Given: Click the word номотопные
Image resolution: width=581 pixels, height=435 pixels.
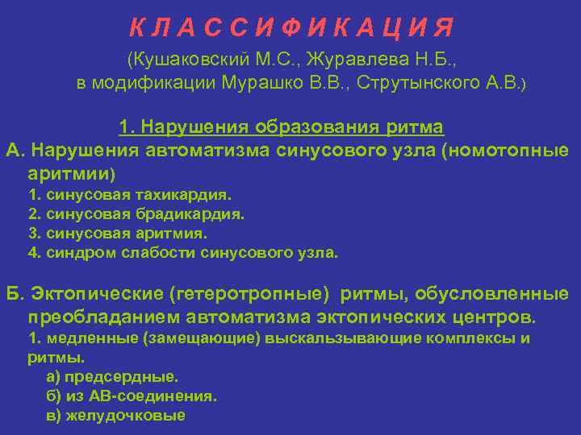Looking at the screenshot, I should point(511,150).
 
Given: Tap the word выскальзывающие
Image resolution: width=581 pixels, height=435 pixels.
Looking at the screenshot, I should point(328,338).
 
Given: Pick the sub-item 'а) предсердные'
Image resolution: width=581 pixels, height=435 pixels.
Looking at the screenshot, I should point(112,376).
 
